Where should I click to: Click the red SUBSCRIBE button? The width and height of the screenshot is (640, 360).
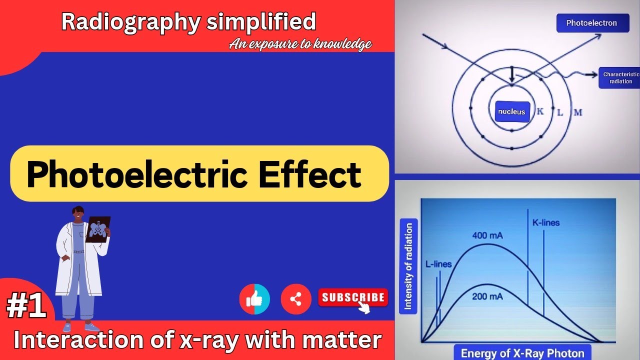[x=353, y=298]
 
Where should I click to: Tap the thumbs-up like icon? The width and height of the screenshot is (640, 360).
[x=254, y=299]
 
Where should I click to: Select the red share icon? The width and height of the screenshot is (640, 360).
[x=296, y=299]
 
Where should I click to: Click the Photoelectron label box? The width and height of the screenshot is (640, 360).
[x=592, y=23]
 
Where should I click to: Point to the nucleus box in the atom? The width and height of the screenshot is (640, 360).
[x=511, y=111]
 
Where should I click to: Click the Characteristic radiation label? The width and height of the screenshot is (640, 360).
[x=620, y=78]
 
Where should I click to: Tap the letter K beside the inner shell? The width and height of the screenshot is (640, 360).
[x=540, y=111]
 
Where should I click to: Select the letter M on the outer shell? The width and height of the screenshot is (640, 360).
[x=578, y=112]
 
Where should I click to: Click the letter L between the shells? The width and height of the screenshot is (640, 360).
[x=560, y=112]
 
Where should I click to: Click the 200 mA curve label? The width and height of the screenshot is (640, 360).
[x=487, y=296]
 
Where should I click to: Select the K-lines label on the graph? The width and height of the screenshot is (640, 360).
[x=545, y=222]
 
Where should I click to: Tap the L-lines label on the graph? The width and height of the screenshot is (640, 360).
[x=438, y=264]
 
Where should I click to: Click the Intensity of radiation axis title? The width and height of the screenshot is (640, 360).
[x=408, y=266]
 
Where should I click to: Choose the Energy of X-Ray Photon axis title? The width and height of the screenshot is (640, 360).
[x=522, y=353]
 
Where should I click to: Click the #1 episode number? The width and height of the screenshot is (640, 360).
[x=26, y=307]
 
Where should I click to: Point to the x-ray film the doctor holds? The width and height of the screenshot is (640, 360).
[x=97, y=229]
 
